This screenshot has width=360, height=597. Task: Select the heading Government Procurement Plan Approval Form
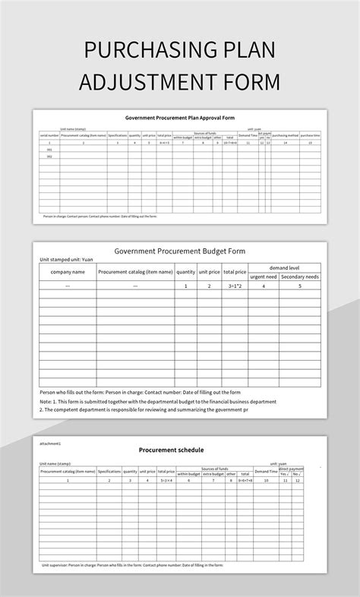click(x=180, y=118)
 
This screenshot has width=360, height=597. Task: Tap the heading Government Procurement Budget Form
click(x=180, y=251)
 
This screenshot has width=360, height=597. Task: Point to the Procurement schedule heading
click(x=171, y=450)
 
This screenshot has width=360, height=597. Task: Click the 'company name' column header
click(x=68, y=272)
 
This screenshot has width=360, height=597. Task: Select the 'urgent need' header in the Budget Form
click(x=263, y=276)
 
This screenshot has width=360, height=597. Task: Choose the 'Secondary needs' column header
click(x=300, y=276)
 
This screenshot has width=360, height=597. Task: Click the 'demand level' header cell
click(x=284, y=267)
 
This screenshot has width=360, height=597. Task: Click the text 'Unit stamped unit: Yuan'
click(x=66, y=260)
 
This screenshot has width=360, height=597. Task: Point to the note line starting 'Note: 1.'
click(x=158, y=401)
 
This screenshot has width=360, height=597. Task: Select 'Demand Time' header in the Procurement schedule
click(x=266, y=472)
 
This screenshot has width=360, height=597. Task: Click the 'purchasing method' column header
click(x=285, y=135)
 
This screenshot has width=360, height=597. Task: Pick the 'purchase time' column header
click(x=310, y=135)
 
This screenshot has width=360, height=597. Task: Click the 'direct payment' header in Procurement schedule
click(x=291, y=469)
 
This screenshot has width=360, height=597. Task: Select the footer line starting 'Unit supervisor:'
click(x=133, y=565)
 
